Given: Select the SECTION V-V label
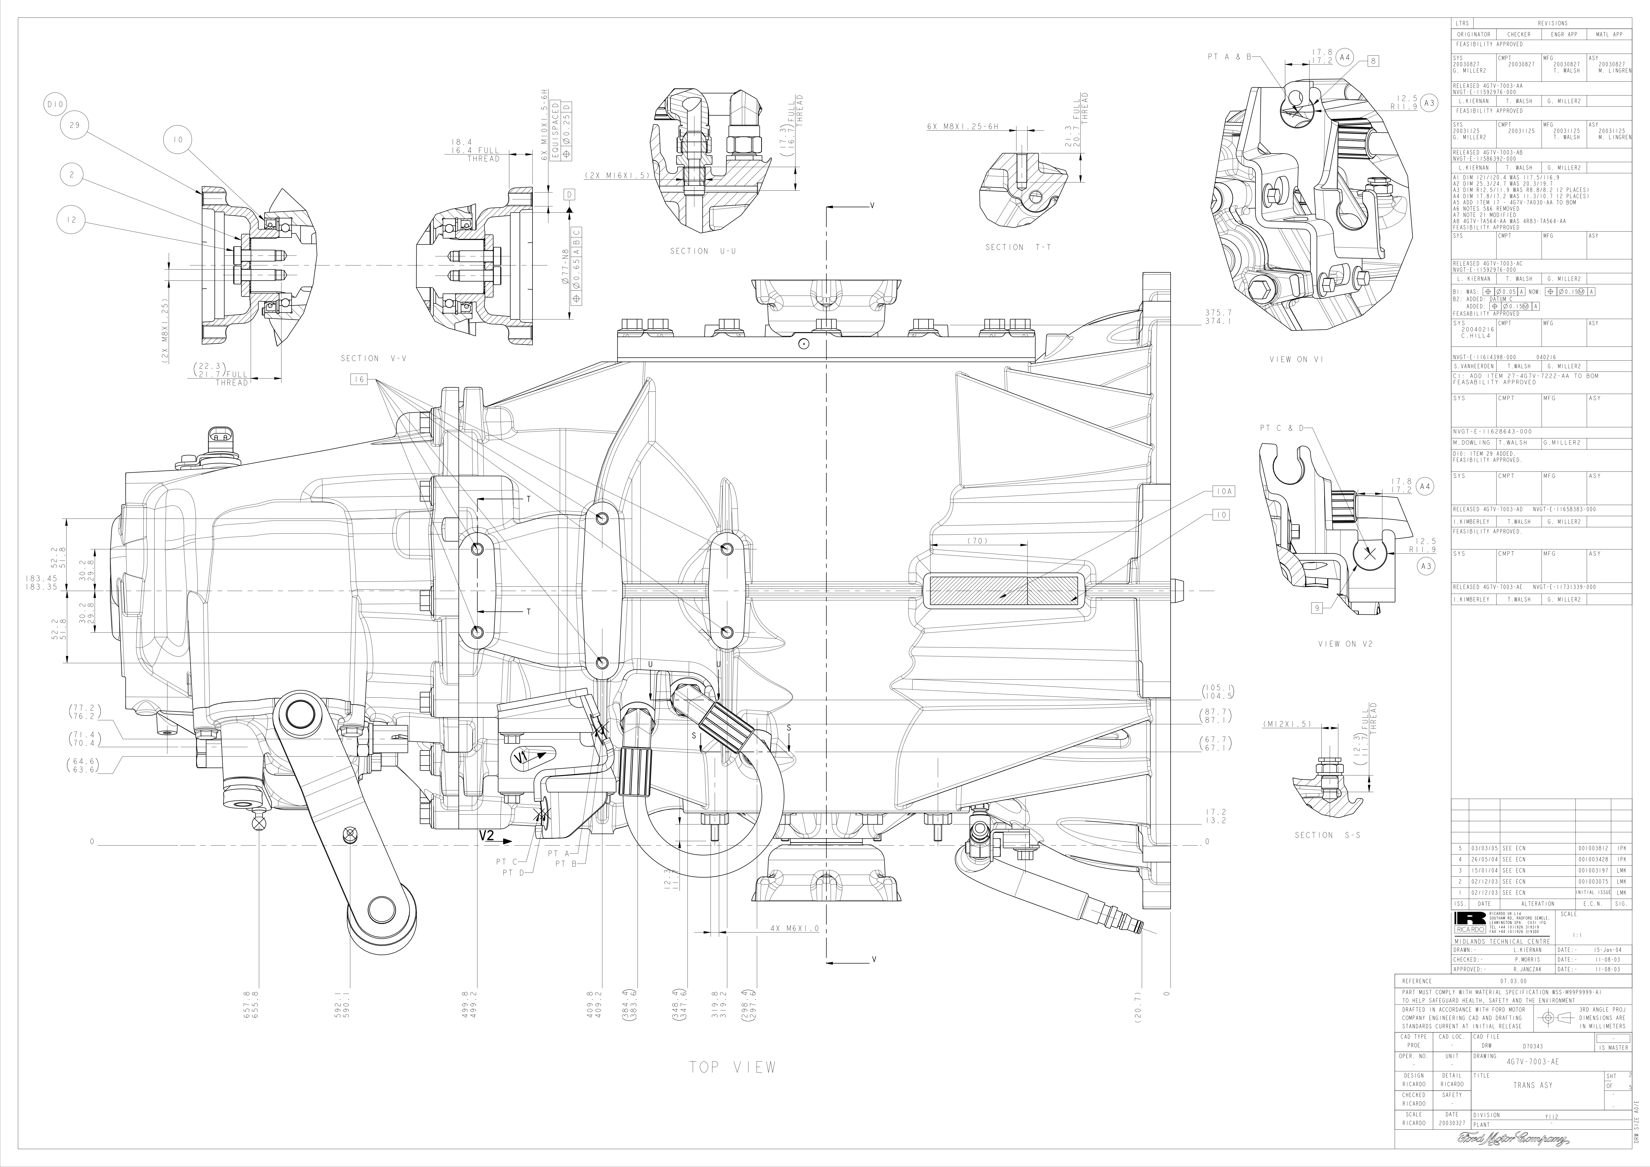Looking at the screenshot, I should pyautogui.click(x=374, y=358).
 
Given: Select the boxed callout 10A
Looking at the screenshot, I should pyautogui.click(x=1224, y=491).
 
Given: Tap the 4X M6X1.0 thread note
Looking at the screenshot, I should pyautogui.click(x=794, y=928).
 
